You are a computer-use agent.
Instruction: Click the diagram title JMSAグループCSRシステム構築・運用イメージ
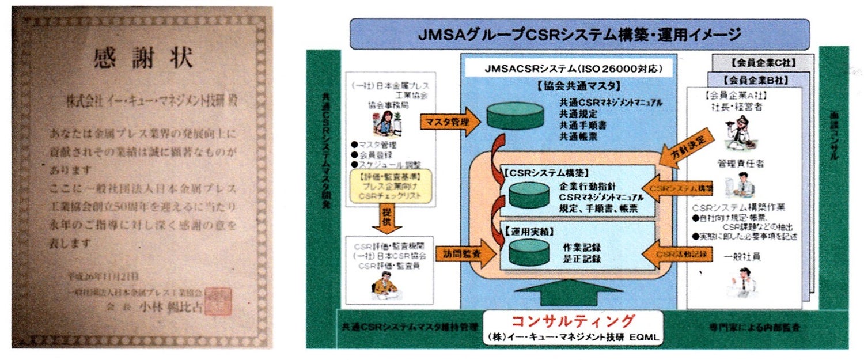pyautogui.click(x=579, y=34)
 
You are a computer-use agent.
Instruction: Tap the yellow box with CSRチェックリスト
pyautogui.click(x=390, y=187)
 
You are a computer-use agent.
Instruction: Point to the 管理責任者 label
pyautogui.click(x=741, y=164)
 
